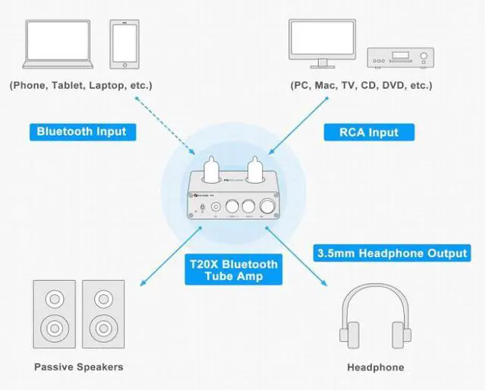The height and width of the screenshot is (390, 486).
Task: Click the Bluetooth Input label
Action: [x=82, y=131]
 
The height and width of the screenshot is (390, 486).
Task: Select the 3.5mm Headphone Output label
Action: [x=391, y=253]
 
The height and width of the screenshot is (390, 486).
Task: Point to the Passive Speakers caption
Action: [x=79, y=367]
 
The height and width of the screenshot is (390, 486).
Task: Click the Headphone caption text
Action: [x=375, y=367]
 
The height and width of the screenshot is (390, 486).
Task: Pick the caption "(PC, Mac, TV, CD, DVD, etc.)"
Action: [x=361, y=86]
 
